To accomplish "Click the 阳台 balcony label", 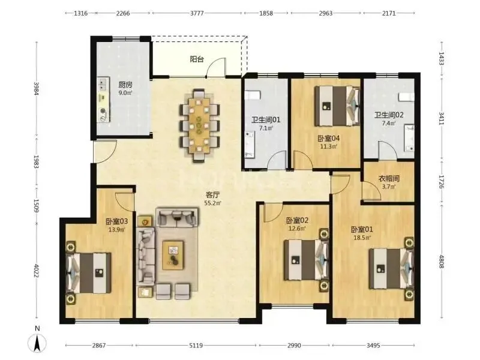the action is [x=197, y=59].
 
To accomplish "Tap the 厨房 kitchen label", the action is [x=125, y=84].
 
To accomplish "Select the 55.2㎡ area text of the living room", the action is [x=213, y=203].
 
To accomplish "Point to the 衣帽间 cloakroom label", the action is [x=389, y=178].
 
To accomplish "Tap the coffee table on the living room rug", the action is [x=173, y=256].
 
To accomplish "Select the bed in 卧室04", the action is [x=337, y=106].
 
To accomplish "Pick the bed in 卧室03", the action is [x=89, y=273].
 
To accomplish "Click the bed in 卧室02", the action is [x=306, y=260].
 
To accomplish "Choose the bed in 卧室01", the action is [x=391, y=268].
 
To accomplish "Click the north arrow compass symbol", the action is [x=37, y=343].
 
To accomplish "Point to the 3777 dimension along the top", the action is [x=197, y=13].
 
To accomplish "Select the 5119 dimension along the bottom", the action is [x=196, y=346].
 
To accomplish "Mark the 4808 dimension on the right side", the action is [x=441, y=262].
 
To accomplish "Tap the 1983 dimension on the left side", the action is [x=36, y=161].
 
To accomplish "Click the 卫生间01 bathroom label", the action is [x=266, y=119].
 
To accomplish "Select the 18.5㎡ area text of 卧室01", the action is [x=362, y=237].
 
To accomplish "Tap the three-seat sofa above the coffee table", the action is [x=176, y=217].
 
